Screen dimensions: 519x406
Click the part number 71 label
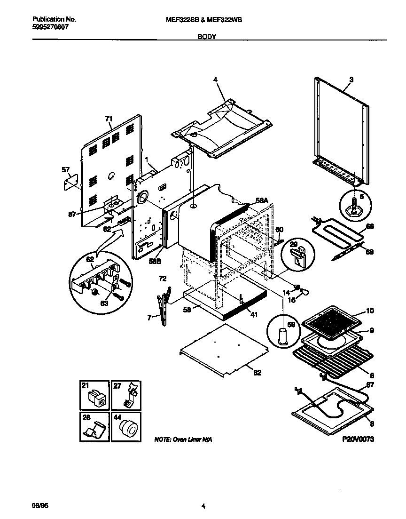pyautogui.click(x=109, y=119)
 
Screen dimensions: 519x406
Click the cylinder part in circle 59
pyautogui.click(x=283, y=338)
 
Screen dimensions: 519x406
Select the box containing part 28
pyautogui.click(x=93, y=427)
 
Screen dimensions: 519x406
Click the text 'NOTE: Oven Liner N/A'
pyautogui.click(x=183, y=439)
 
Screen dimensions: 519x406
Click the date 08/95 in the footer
pyautogui.click(x=40, y=506)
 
